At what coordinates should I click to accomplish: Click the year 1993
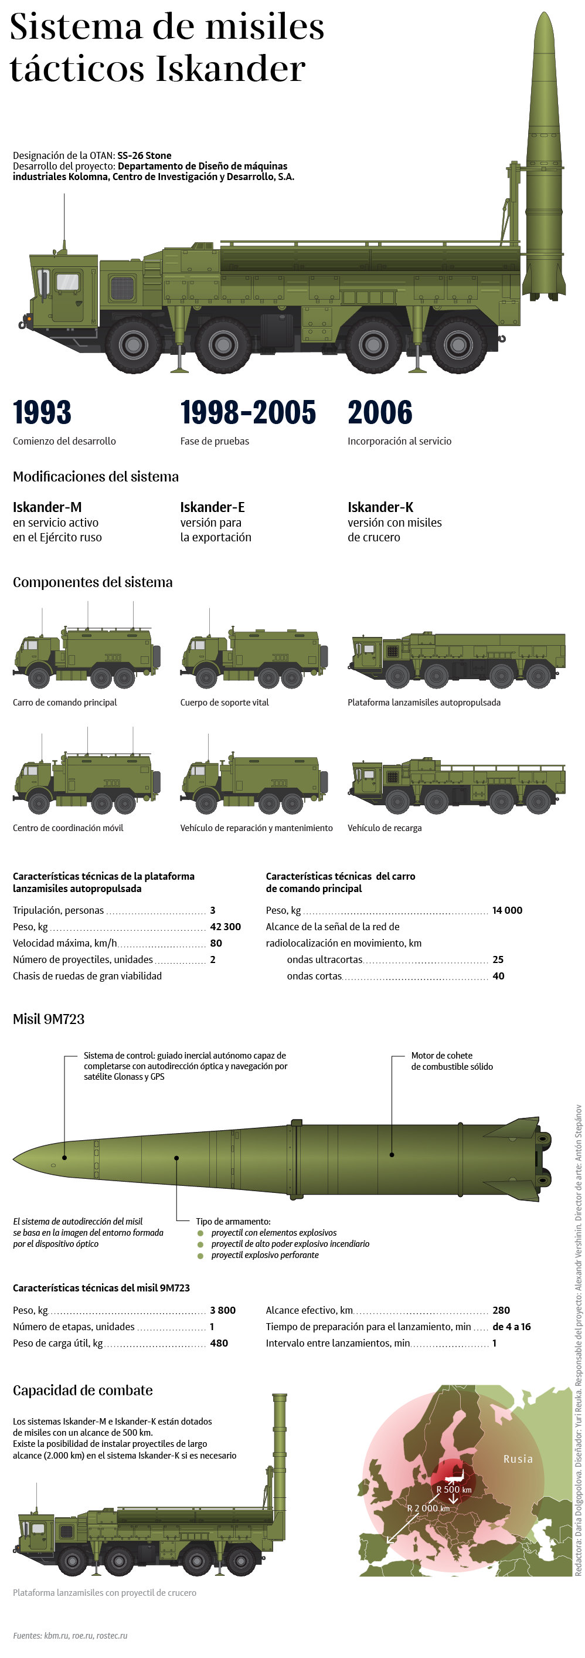42,412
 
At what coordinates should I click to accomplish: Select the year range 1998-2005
248,412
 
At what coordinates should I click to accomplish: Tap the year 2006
380,412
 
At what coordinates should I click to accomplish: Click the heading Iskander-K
380,507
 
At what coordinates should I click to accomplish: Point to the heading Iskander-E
212,507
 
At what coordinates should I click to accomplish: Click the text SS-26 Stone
144,155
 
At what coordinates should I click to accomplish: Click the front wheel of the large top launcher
133,344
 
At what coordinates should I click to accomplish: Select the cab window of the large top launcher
67,282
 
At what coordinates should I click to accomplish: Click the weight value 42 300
225,927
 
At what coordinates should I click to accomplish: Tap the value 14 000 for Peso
507,910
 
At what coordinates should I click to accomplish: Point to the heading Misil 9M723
49,1019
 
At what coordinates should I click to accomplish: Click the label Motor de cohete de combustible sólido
452,1061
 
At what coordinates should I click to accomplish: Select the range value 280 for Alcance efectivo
501,1310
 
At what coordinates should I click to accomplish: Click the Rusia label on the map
518,1459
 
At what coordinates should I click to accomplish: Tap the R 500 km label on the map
453,1489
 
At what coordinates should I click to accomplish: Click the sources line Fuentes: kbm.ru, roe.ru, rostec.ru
70,1635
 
